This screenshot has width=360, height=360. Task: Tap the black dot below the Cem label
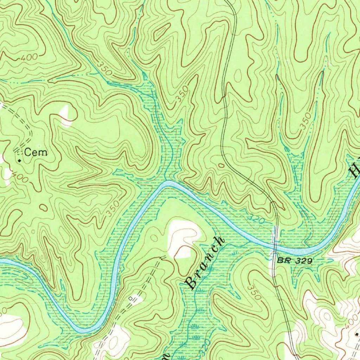coord(19,160)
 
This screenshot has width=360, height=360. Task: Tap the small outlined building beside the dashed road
coord(131,299)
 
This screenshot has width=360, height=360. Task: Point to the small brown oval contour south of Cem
coord(43,207)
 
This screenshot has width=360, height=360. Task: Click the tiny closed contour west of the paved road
coord(221,165)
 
